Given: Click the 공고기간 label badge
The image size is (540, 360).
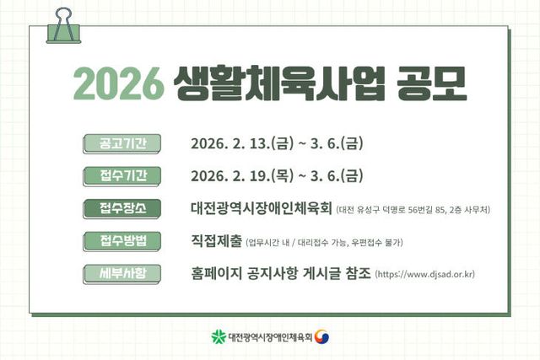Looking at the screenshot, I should coord(116,143).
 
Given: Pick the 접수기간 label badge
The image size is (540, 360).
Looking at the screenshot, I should coord(116,176).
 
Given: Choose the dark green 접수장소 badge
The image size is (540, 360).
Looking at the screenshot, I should coord(116,208).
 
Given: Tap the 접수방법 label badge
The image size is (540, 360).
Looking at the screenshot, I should coord(116,241).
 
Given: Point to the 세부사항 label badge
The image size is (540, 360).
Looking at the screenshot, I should coord(116,274).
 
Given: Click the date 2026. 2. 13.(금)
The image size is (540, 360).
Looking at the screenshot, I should coord(240,143).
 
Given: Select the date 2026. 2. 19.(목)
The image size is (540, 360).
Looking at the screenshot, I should coord(240,176).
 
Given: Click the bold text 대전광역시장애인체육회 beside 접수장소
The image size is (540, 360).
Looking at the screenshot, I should coord(262,208).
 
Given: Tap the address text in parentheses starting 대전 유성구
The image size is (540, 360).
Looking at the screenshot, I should coord(413,209).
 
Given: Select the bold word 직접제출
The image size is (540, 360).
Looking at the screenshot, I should coord(217,241).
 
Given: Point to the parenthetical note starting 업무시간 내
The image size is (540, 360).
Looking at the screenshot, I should coord(324,242).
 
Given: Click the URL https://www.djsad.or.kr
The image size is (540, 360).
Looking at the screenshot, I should coord(424,275).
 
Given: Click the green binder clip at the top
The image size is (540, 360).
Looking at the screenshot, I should coord(61,24).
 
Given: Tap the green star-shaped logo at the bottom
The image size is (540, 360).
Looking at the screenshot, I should coord(219,336).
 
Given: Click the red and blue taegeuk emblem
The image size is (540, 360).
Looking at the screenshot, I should coord(322,336).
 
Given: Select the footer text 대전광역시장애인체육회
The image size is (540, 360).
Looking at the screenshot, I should coord(270,336).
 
